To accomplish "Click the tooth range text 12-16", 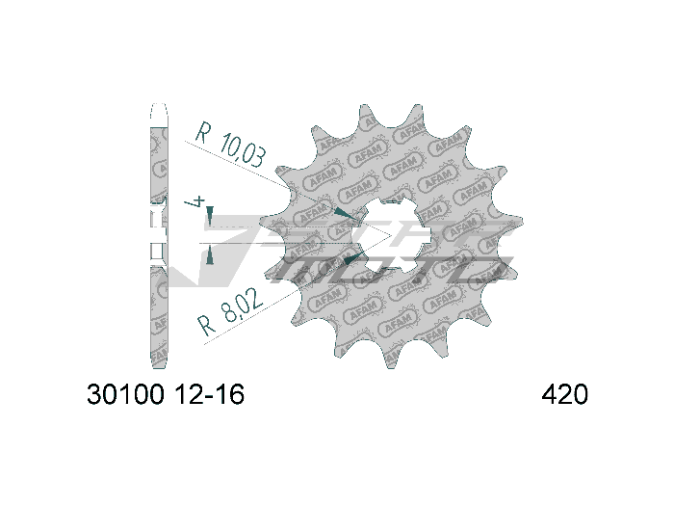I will tap(210, 395).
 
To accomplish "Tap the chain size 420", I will tap(565, 395).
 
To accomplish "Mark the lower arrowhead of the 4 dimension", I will tap(210, 253).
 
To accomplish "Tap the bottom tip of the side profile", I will tap(159, 364).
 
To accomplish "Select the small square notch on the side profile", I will tap(158, 253).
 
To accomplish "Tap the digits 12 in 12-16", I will tap(188, 395).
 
